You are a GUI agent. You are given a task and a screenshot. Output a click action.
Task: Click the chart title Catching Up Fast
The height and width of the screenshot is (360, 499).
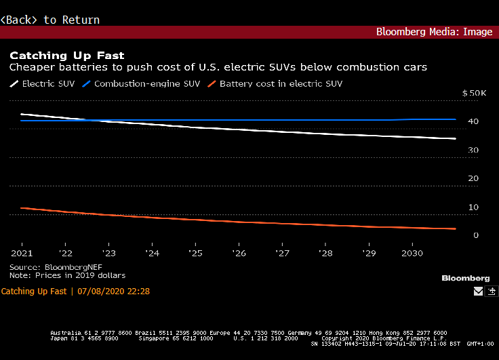pos(66,55)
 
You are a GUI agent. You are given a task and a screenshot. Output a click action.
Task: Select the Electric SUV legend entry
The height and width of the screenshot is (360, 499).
pos(44,84)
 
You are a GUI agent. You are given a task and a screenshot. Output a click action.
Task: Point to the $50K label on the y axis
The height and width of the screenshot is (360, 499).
pos(474,93)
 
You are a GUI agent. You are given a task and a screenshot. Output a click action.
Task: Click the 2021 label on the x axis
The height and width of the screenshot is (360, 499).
pos(22,253)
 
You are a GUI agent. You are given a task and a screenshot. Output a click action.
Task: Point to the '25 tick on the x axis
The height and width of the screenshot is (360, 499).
pos(195,253)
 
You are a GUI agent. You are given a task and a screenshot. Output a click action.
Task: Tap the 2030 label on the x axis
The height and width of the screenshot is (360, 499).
pos(412,253)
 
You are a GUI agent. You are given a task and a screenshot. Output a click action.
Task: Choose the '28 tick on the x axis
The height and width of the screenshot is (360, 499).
pos(325,253)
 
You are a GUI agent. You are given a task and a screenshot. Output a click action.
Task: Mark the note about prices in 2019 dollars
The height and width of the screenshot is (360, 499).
pos(67,275)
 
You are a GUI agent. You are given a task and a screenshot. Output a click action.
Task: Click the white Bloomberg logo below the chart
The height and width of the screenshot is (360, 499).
pos(465,278)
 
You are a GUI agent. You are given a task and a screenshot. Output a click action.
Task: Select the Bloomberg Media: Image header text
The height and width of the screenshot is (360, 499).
pos(434,32)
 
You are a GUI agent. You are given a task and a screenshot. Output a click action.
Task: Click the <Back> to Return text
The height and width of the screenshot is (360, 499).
pos(50,20)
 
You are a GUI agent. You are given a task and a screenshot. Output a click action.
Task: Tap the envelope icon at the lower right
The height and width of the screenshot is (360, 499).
pos(478,292)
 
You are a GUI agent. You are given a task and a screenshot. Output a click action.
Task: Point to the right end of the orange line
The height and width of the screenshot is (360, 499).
pos(455,228)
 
